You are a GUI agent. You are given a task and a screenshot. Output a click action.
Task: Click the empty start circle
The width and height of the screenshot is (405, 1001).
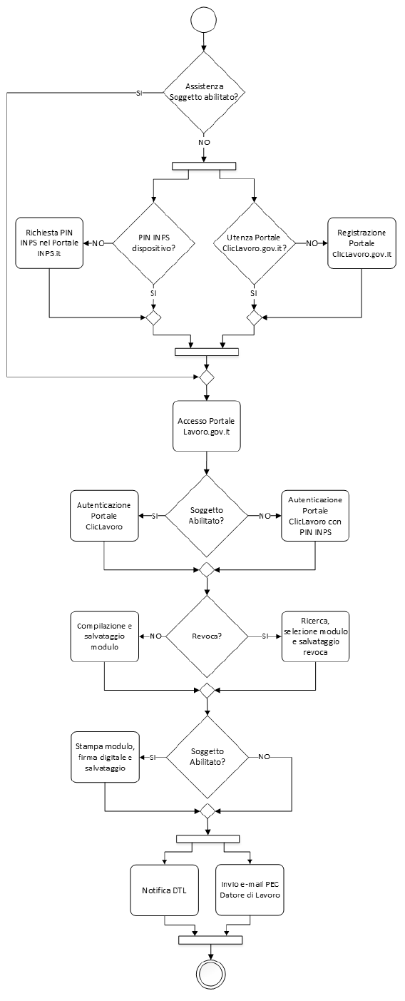204,21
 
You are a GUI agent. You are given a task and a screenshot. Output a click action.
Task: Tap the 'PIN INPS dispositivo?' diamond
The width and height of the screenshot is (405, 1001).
153,243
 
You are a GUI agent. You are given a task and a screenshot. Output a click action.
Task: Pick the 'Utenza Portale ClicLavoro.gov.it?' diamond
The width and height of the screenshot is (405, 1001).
254,243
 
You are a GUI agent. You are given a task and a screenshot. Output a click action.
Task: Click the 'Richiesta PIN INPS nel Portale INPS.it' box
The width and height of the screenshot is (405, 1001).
49,243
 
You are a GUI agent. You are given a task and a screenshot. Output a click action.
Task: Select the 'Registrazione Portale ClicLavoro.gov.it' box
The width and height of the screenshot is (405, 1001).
362,243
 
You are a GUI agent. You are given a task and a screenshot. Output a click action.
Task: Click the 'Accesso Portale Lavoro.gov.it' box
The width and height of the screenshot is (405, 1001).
206,426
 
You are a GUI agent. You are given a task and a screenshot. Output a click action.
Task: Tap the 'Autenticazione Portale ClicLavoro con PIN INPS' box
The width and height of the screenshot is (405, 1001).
315,516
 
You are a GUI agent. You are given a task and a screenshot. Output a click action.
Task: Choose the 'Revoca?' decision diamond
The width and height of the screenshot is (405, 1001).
206,636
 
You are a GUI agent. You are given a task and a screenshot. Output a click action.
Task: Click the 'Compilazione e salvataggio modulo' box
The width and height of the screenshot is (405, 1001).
105,636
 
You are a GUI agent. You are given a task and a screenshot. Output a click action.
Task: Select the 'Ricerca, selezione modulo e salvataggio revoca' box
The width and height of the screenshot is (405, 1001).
315,636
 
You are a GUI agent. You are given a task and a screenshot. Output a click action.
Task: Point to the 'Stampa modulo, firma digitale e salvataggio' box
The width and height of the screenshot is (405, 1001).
105,756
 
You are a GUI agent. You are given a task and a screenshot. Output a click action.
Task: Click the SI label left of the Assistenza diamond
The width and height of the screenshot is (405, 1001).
139,93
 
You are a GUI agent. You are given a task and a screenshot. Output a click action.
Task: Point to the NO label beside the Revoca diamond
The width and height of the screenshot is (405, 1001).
155,636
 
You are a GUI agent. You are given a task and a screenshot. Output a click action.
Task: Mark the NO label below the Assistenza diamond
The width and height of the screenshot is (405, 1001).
204,142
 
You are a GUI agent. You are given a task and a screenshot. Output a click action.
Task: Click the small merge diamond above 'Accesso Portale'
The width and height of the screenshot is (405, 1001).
206,377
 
